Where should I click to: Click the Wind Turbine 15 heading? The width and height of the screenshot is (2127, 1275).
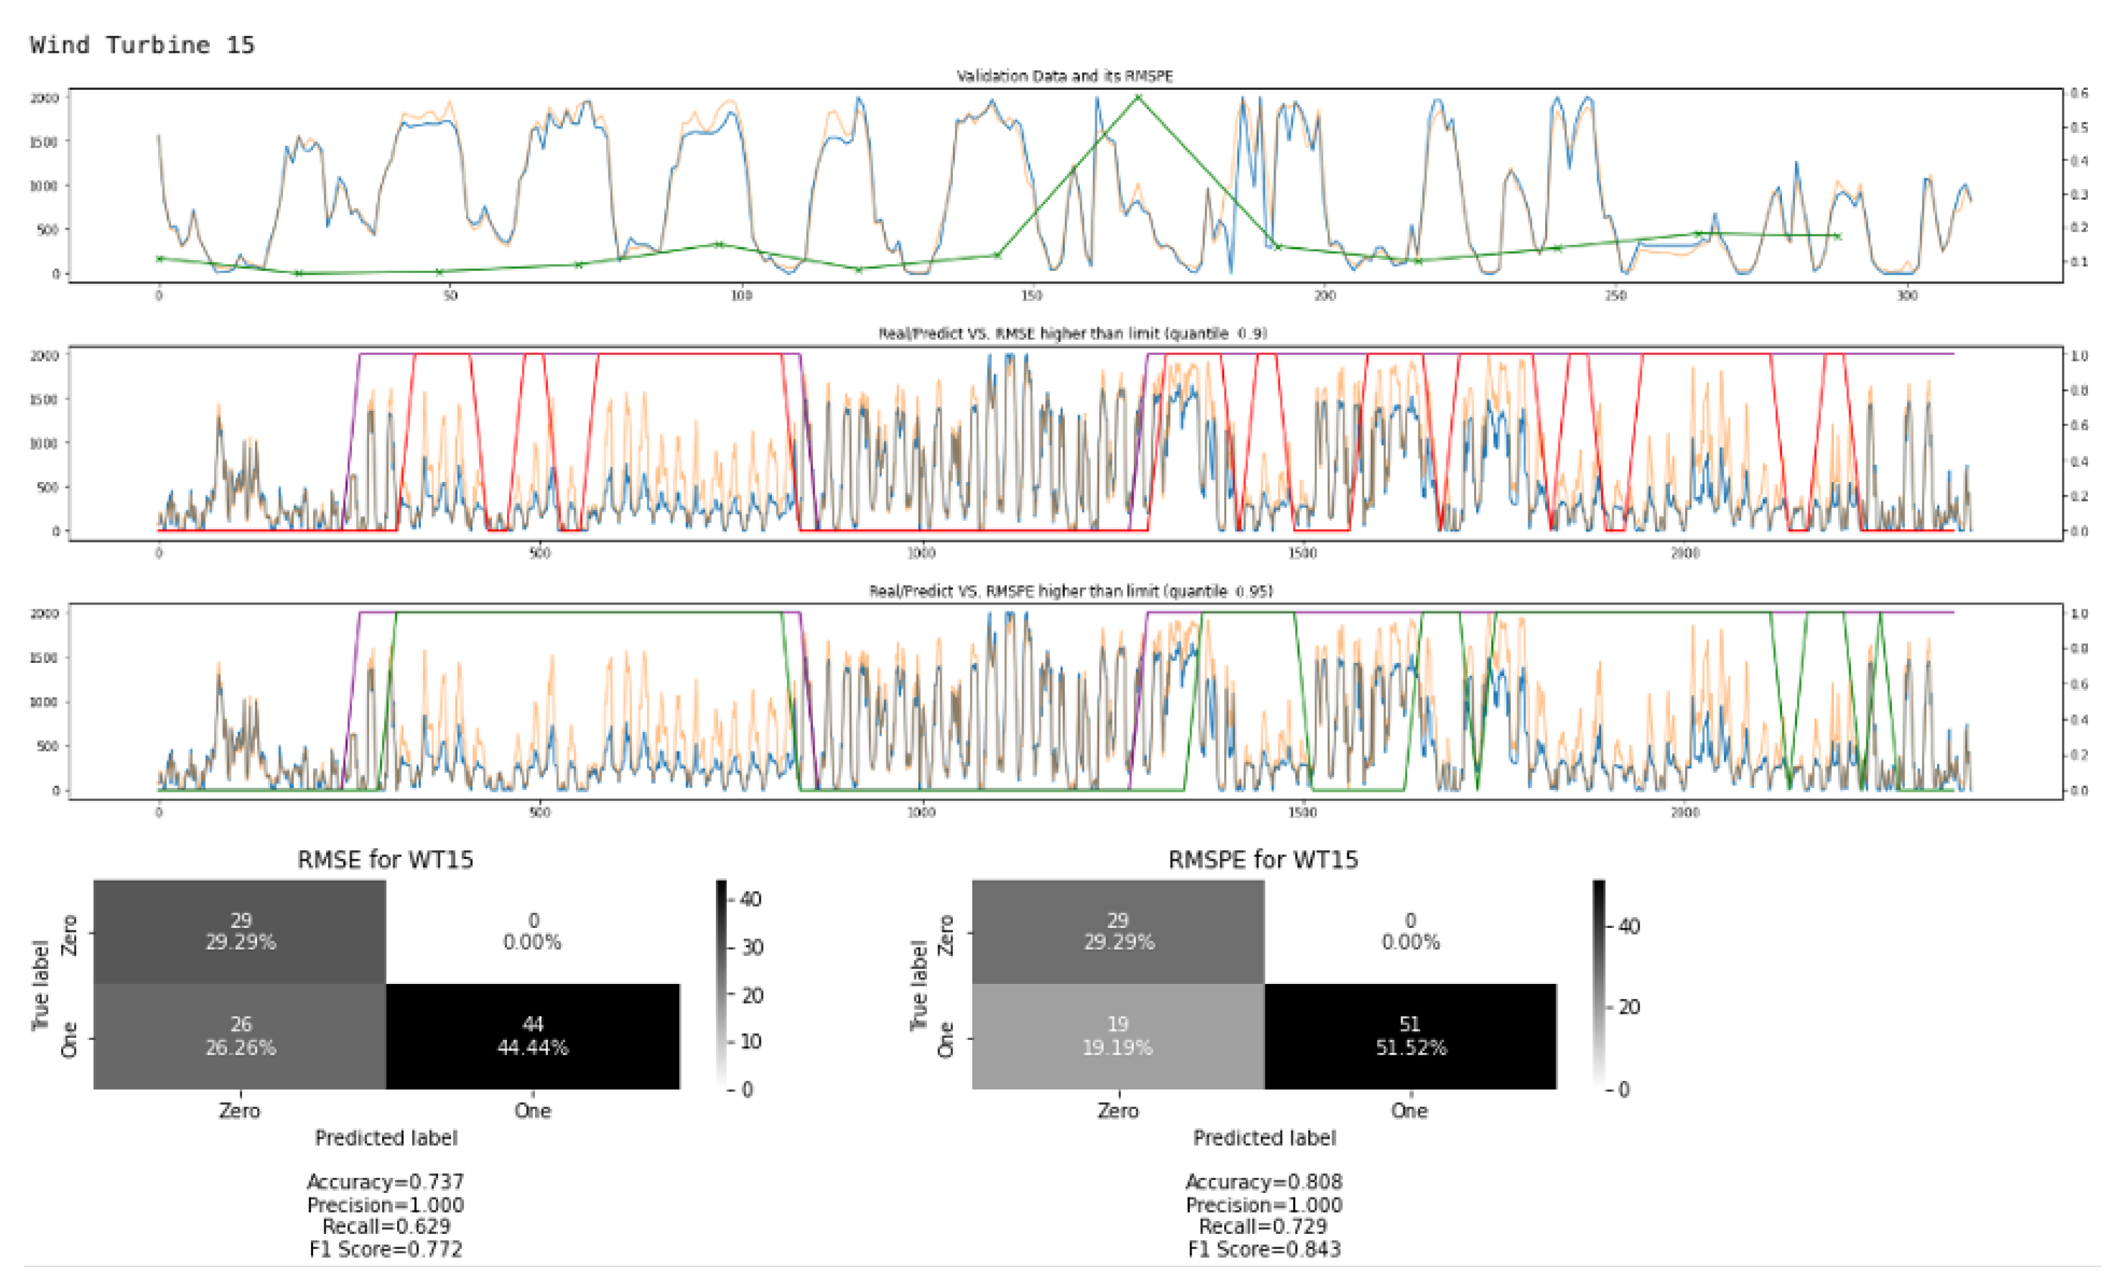click(143, 45)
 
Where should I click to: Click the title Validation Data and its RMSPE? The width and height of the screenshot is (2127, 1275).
click(1065, 76)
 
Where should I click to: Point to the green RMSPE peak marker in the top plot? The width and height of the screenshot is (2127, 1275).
click(1138, 97)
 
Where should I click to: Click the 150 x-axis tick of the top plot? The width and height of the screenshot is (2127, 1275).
click(1032, 296)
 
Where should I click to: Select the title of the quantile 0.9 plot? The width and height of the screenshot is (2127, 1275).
click(1073, 333)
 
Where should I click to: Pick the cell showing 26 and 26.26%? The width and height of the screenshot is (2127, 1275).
click(240, 1035)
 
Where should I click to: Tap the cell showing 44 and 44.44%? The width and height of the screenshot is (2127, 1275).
click(532, 1035)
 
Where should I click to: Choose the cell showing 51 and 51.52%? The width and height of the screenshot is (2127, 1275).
click(1410, 1035)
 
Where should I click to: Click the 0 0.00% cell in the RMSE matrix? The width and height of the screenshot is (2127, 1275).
click(532, 931)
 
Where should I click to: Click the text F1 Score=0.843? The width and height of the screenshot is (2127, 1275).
click(1264, 1249)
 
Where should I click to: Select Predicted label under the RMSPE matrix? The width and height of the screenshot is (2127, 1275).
click(1264, 1138)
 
